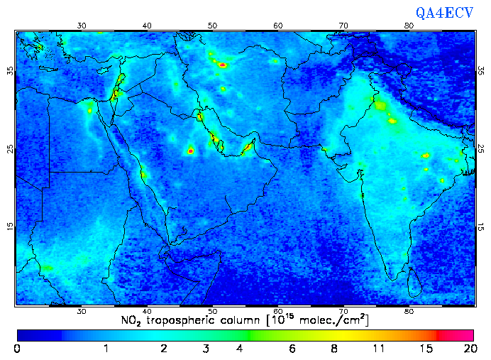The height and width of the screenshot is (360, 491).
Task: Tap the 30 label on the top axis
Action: (x=82, y=26)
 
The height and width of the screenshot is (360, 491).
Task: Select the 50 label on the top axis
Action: (x=213, y=26)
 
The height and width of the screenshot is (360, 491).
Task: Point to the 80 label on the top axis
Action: (x=409, y=26)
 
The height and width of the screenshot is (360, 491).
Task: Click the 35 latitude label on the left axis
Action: (x=9, y=71)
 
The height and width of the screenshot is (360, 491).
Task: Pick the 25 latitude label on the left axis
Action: (x=9, y=149)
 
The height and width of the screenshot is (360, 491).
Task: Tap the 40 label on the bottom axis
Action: (x=147, y=311)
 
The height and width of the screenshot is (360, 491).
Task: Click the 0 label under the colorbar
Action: (x=17, y=349)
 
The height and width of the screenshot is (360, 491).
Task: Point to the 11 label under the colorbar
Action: (x=378, y=349)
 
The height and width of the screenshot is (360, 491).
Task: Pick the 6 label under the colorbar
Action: (x=292, y=349)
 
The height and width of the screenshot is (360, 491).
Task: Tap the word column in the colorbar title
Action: (x=241, y=320)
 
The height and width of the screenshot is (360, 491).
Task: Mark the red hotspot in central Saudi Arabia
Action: (x=190, y=151)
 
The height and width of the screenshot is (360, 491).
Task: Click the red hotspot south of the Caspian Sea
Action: (x=223, y=65)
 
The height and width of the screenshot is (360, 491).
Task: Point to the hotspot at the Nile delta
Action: (x=90, y=109)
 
